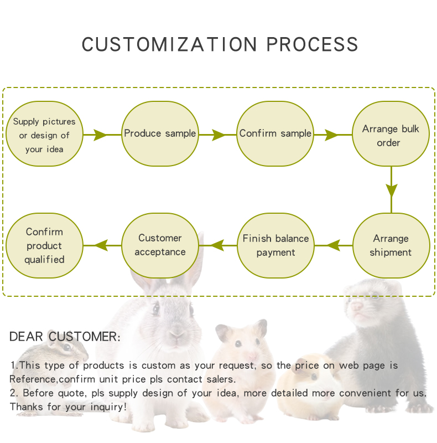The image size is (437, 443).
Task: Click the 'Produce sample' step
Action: click(160, 133)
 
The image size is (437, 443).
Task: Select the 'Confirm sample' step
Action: click(275, 133)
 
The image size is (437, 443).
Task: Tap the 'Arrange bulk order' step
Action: click(391, 135)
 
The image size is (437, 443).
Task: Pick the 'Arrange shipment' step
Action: click(391, 245)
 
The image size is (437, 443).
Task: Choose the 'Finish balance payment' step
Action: click(275, 245)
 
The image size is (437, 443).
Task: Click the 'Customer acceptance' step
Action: click(160, 245)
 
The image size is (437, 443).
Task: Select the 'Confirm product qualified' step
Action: click(44, 245)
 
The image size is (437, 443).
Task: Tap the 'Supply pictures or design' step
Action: click(44, 135)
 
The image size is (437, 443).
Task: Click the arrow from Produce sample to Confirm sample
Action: click(218, 135)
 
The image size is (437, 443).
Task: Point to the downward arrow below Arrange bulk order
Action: click(392, 189)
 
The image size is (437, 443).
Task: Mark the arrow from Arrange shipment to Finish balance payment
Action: click(334, 245)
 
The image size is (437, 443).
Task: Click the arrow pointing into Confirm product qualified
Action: click(102, 245)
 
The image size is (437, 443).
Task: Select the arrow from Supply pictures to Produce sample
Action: click(100, 135)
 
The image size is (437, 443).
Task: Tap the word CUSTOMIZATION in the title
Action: click(169, 45)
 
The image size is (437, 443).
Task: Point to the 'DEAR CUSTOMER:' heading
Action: click(65, 337)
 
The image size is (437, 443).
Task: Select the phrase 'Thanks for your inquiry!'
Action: click(68, 406)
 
